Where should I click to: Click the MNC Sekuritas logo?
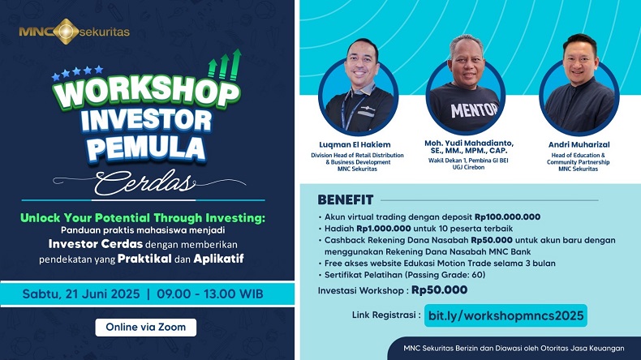74,32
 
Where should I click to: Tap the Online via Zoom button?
146,328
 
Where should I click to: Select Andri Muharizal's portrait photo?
579,84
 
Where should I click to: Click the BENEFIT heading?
346,199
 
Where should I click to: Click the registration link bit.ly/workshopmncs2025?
505,315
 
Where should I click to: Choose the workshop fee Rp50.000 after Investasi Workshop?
440,289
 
